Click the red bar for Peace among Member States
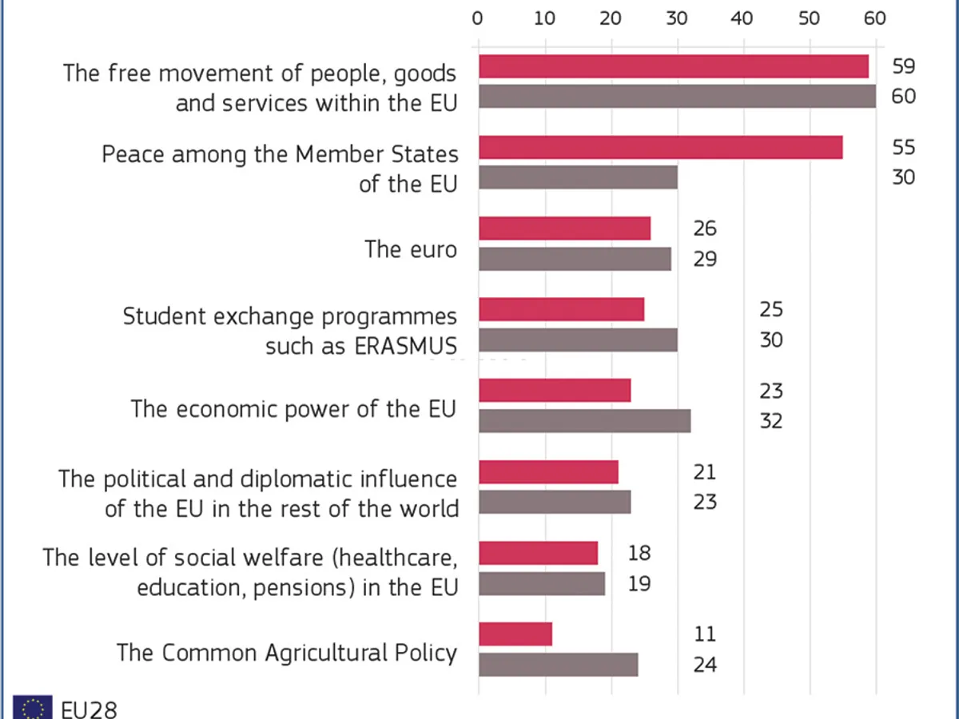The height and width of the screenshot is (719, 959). coord(660,147)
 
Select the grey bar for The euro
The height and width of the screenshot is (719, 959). coord(575,259)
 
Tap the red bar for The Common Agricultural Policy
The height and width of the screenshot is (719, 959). coord(515,634)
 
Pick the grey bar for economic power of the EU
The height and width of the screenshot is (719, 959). coord(584,420)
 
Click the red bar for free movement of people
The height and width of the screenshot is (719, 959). coord(674,66)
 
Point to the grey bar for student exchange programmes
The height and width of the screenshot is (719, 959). coord(578,340)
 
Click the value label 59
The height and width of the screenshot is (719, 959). coord(903,66)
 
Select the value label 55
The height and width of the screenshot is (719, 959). coord(903,147)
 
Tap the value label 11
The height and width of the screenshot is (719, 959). coord(705,634)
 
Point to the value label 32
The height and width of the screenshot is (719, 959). coord(770,420)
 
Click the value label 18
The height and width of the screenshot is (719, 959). coord(639,553)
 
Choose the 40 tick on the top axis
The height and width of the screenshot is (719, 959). coord(742,18)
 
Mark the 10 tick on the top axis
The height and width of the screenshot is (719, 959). coord(544,18)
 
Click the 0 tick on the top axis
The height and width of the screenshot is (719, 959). coord(478,18)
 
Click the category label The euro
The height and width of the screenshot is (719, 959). coord(411,249)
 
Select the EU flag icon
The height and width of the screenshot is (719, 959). coord(33,708)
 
